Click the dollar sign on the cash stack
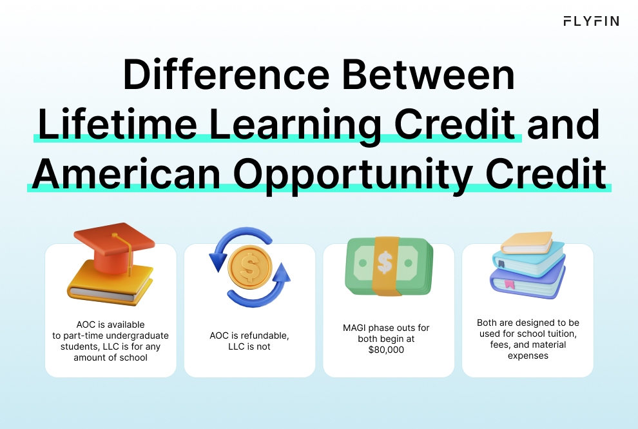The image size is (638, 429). pyautogui.click(x=385, y=262)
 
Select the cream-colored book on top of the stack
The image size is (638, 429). pyautogui.click(x=527, y=243)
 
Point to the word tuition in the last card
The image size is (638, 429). pyautogui.click(x=559, y=334)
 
